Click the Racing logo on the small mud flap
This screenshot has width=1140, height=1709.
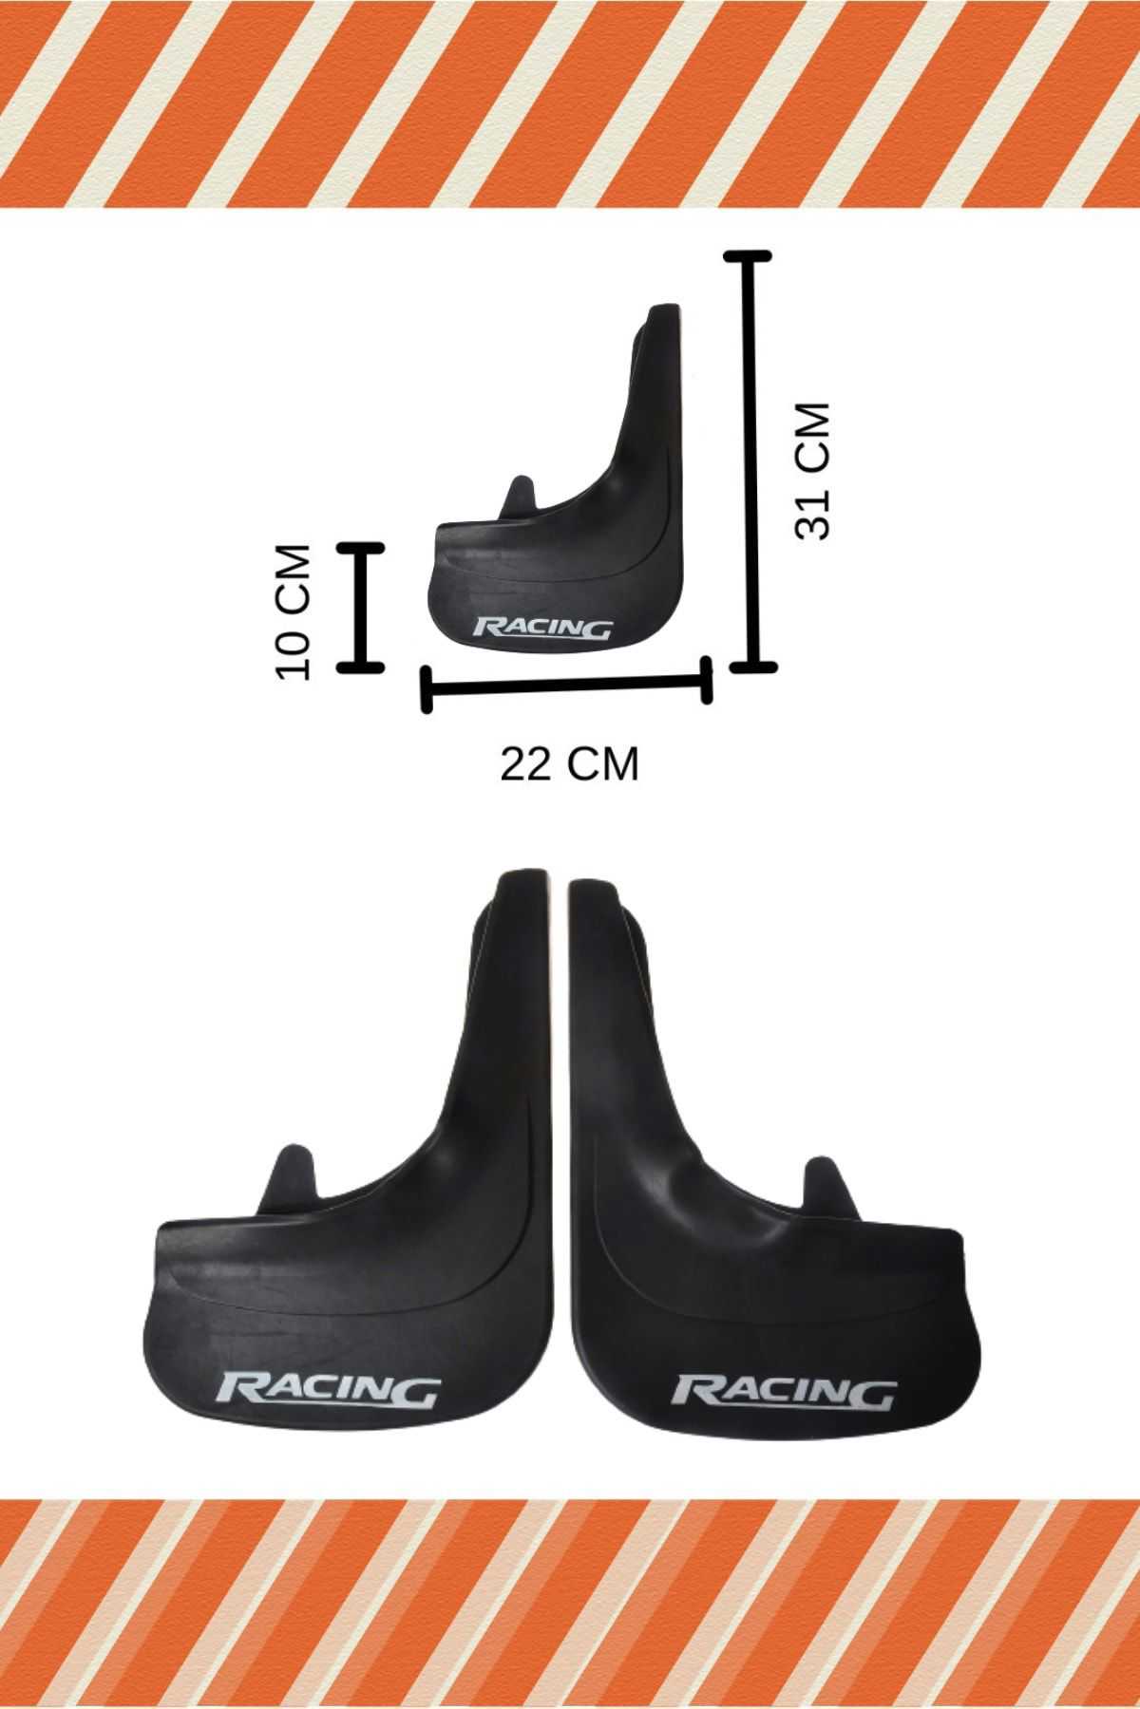(542, 629)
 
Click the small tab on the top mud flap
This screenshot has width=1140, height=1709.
(519, 499)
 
